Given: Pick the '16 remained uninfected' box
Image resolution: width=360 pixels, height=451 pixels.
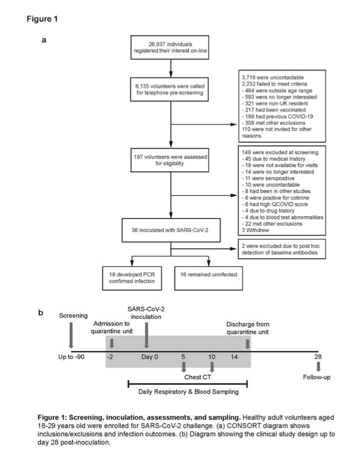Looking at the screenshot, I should (205, 275).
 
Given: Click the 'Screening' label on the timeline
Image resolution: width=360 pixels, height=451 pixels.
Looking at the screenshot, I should (73, 315).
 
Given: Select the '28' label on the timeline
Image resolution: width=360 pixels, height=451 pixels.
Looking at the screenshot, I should (318, 357).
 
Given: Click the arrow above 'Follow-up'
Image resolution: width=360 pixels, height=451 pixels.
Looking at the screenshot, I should (318, 367).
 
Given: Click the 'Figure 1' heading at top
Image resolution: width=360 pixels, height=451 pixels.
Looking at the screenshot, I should (42, 19).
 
